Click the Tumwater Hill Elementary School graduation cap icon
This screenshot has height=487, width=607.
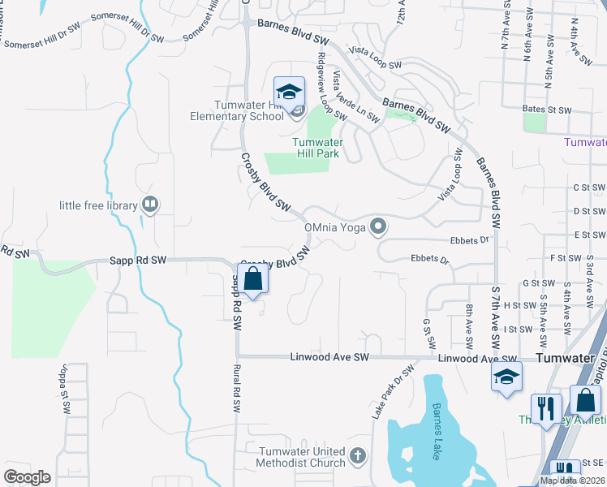point(288,91)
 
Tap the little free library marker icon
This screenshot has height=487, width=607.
point(149,205)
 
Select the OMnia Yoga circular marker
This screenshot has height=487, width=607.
point(377,226)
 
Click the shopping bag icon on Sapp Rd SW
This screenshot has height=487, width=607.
point(253,279)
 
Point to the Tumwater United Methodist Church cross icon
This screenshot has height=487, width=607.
point(357,458)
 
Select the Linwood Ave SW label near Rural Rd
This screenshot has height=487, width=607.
point(329,357)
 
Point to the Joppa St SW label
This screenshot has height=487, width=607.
point(62,393)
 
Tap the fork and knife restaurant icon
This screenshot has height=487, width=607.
point(545,408)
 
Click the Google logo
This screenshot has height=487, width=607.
point(27,477)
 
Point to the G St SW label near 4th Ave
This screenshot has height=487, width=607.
point(538,282)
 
